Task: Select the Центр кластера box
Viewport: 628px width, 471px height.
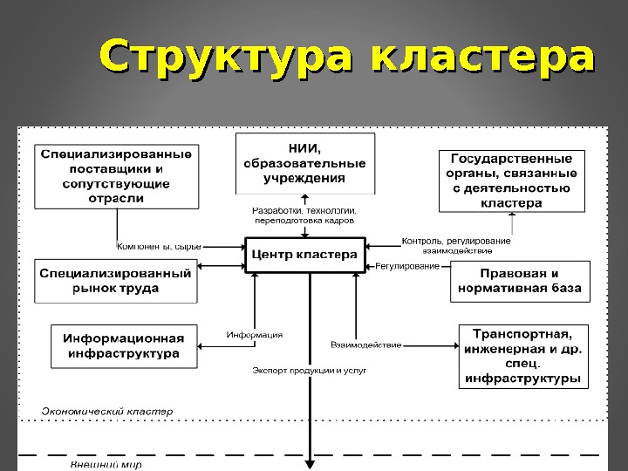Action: point(304,255)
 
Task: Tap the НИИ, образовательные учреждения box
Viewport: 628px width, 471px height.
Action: point(304,163)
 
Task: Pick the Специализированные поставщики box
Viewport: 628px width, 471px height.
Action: point(116,174)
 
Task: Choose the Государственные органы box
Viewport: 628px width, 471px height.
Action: point(511,181)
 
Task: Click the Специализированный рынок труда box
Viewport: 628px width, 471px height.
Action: point(115,280)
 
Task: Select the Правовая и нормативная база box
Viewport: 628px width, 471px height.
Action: point(520,280)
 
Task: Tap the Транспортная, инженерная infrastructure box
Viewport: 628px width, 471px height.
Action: point(522,356)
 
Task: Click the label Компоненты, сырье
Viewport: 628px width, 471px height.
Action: point(159,247)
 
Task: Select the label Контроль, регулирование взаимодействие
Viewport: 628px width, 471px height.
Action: point(456,245)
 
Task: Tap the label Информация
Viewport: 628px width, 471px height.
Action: point(255,335)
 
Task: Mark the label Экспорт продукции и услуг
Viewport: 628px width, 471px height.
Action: point(309,370)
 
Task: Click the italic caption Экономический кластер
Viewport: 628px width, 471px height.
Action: point(107,409)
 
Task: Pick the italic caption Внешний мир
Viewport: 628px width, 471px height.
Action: point(106,465)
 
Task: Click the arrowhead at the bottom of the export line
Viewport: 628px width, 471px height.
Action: point(309,466)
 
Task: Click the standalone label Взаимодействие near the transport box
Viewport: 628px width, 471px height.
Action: point(366,345)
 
